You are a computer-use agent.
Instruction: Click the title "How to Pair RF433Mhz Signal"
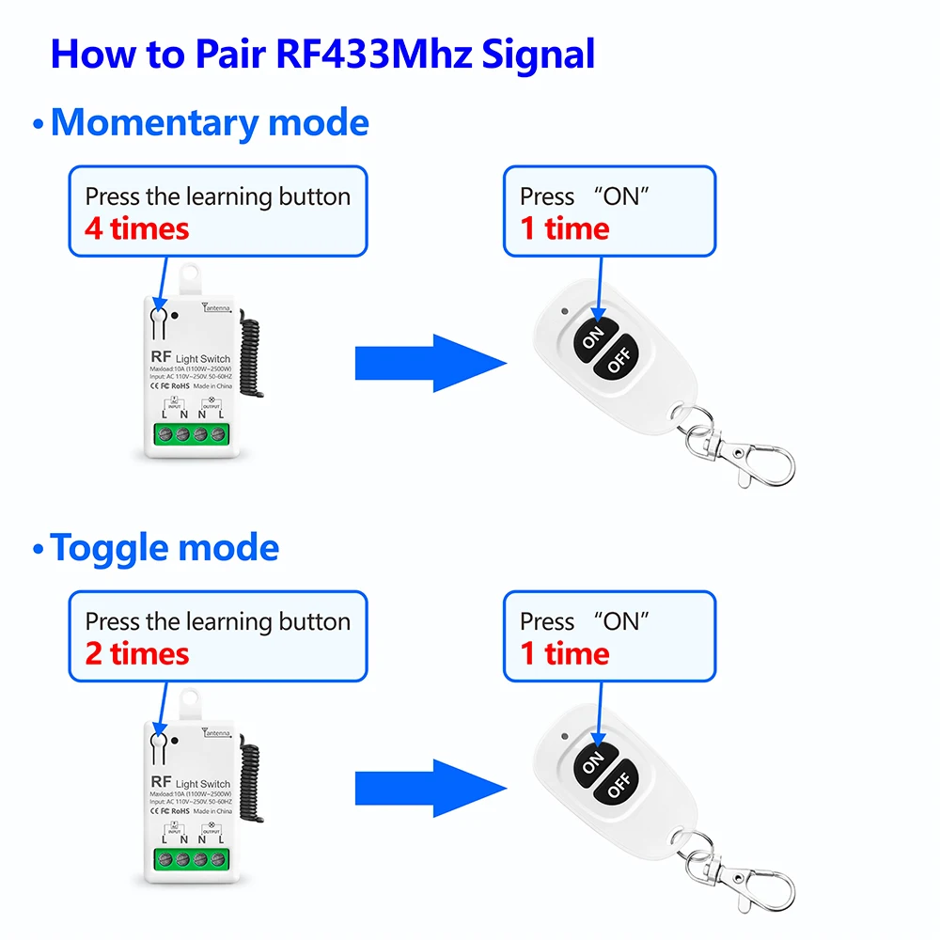pos(322,54)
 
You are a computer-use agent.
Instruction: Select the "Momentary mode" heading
pos(209,123)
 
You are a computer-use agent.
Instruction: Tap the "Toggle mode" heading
pos(164,548)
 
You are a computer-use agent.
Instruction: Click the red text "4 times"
pos(136,228)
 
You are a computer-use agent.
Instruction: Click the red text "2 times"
pos(136,653)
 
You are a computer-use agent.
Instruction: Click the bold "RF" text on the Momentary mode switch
pos(159,358)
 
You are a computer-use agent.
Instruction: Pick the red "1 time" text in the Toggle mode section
pos(564,653)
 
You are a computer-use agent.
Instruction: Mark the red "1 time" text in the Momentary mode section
pos(564,228)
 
